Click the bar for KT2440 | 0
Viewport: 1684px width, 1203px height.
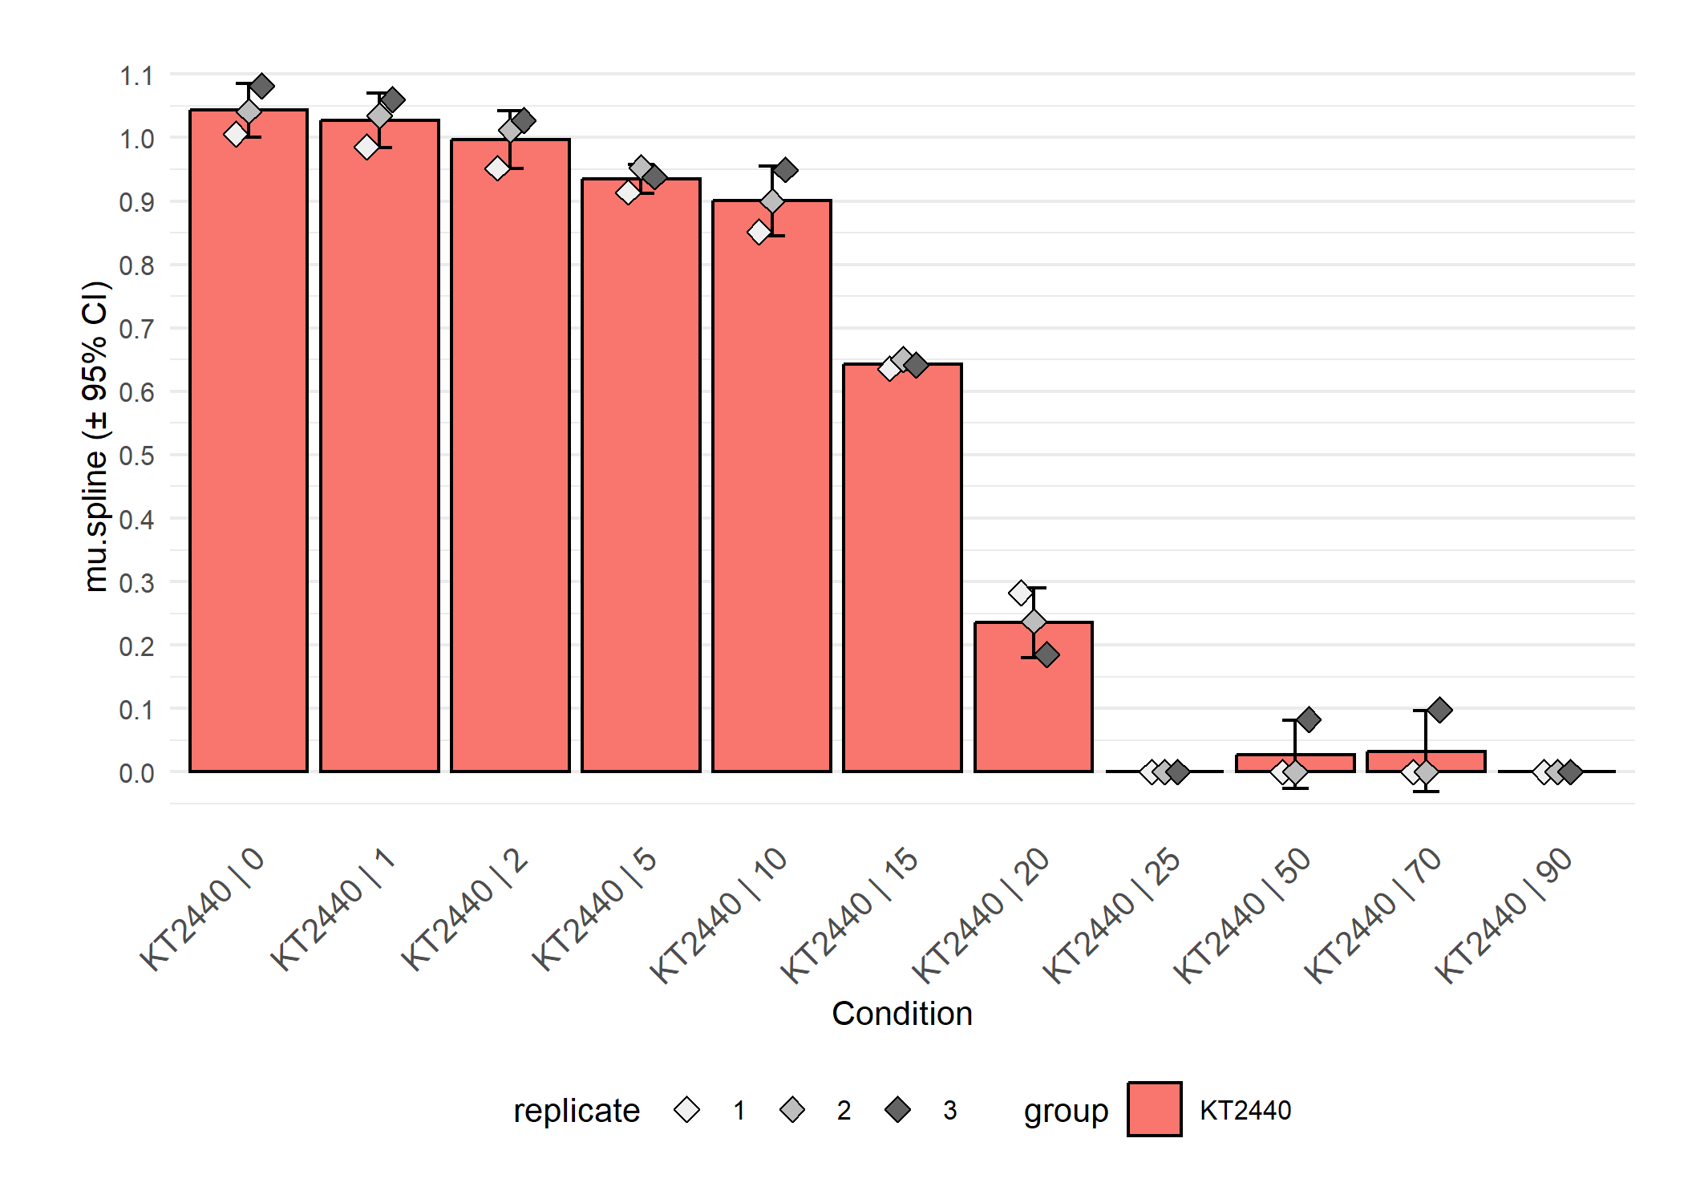(x=249, y=441)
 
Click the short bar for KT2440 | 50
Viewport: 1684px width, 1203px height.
(x=1295, y=763)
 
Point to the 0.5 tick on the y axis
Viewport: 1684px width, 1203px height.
(x=137, y=456)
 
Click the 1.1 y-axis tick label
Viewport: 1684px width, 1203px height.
(x=137, y=76)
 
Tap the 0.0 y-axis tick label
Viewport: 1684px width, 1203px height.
(x=137, y=773)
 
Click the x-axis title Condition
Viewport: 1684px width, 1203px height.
(x=902, y=1014)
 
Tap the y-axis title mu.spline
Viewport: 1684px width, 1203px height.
(x=95, y=437)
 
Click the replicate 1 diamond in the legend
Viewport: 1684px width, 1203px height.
(x=687, y=1110)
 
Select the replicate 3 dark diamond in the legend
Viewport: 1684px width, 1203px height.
(x=898, y=1110)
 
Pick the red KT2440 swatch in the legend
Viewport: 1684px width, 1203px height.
(x=1154, y=1109)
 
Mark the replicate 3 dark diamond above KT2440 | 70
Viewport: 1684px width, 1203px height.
(x=1439, y=710)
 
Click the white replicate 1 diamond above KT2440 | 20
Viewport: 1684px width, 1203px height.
(x=1020, y=593)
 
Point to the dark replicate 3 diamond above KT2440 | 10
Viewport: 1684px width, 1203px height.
(x=785, y=170)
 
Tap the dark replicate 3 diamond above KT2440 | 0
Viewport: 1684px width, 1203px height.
(x=262, y=87)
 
